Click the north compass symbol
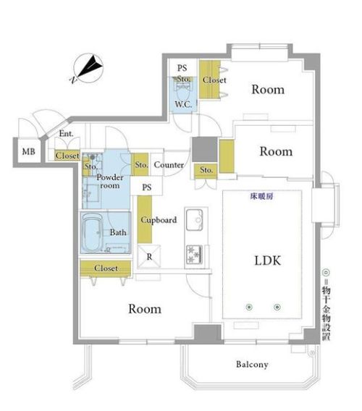point(88,69)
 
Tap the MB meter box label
point(28,151)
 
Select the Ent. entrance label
point(66,133)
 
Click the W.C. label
point(183,104)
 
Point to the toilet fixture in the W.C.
point(184,90)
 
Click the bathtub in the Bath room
point(91,232)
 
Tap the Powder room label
point(109,181)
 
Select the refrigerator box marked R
point(149,256)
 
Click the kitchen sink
point(194,219)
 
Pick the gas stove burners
point(194,254)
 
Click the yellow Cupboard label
point(159,220)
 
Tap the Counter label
point(169,165)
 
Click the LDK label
point(268,260)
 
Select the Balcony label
point(252,365)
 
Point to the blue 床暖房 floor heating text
point(261,196)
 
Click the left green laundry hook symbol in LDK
point(249,307)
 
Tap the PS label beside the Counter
point(147,187)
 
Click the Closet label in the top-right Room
point(214,80)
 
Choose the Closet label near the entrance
point(67,156)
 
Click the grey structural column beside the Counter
point(205,149)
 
